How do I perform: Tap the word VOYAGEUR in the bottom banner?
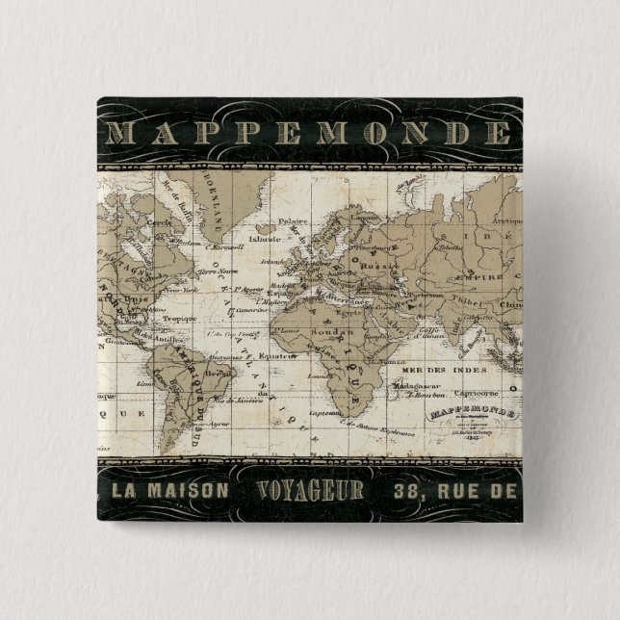pos(311,489)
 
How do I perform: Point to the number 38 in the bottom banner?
pos(407,490)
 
